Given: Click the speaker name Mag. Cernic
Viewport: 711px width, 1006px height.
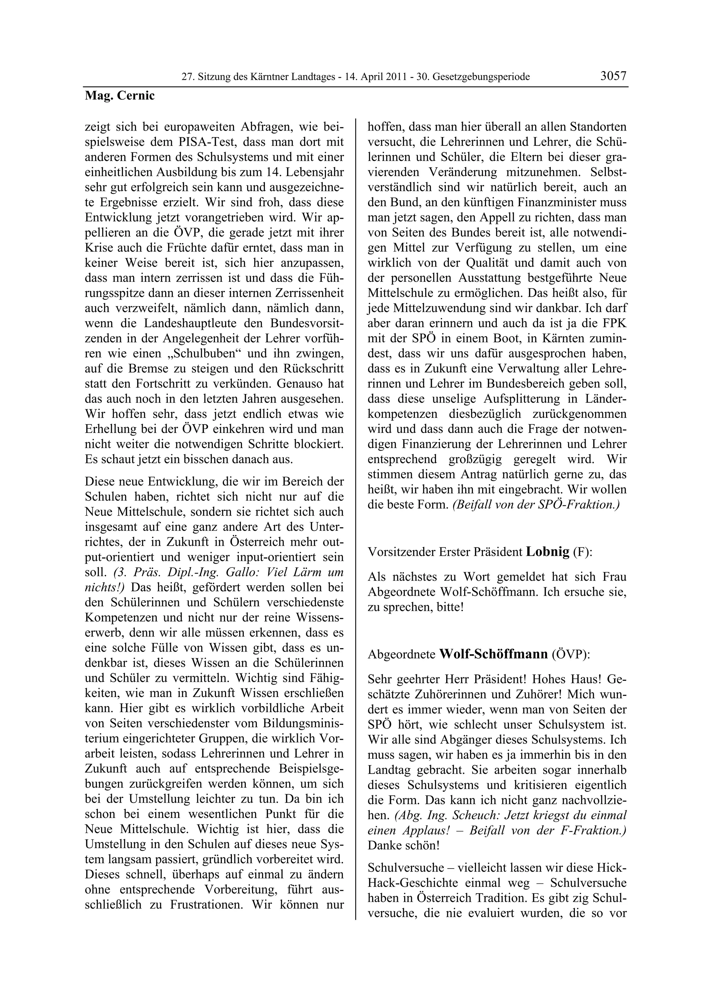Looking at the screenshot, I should (x=119, y=96).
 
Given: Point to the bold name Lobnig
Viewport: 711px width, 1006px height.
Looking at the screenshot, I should (x=547, y=552).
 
